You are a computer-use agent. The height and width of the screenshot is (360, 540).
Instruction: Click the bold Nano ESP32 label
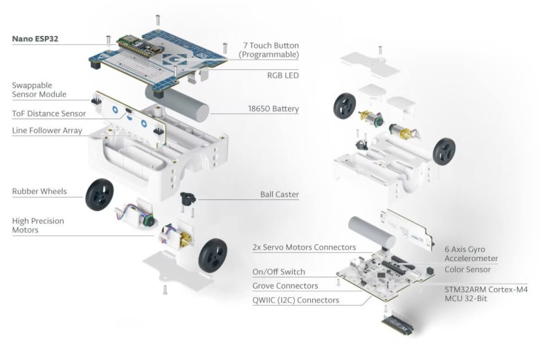pos(35,39)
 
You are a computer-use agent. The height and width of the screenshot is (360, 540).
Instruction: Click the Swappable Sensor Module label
pos(39,90)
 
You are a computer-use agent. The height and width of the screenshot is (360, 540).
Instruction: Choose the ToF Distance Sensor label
pos(48,114)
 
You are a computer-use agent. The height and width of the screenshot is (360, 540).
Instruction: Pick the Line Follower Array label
pos(47,130)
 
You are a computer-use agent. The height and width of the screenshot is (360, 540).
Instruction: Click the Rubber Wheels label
pos(39,191)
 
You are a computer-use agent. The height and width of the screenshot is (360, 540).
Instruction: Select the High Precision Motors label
pos(38,226)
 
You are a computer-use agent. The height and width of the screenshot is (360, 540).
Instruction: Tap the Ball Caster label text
pos(279,195)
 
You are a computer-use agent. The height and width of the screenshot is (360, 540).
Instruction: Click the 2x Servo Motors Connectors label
pos(305,247)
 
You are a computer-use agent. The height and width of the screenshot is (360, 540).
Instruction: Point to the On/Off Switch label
pos(278,272)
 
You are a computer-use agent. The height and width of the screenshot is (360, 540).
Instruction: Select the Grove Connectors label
pos(285,286)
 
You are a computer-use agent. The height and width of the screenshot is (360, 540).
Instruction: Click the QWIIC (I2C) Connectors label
pos(296,300)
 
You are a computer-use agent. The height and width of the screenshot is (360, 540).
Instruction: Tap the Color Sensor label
pos(467,269)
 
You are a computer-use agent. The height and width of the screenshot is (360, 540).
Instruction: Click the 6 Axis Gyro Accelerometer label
pos(471,253)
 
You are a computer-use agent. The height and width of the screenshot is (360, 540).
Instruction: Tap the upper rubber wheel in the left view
pos(99,196)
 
